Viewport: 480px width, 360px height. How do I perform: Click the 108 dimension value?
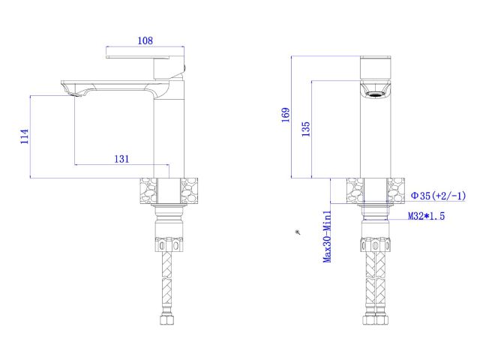tap(145, 41)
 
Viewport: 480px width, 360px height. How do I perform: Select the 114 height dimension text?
tap(24, 136)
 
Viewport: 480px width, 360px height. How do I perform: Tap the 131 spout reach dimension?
tap(121, 158)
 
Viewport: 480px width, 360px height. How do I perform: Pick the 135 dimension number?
tap(305, 128)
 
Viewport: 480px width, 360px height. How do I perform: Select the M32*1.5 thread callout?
tap(426, 216)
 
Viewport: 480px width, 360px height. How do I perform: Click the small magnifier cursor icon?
tap(298, 233)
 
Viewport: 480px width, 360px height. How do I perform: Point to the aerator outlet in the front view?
tap(376, 94)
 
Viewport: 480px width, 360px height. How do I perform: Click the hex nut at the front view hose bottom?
tap(376, 321)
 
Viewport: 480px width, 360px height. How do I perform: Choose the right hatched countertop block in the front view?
tap(395, 191)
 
